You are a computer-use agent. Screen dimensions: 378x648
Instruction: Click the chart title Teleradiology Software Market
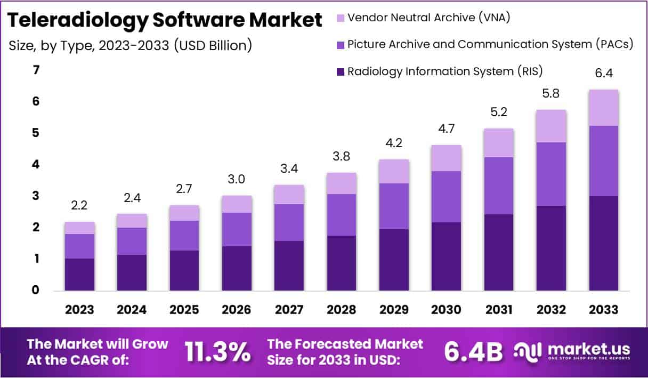pyautogui.click(x=165, y=20)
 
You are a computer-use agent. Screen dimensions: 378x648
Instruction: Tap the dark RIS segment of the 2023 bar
pyautogui.click(x=79, y=275)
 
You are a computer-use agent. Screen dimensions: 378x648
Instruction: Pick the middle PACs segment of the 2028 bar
pyautogui.click(x=342, y=215)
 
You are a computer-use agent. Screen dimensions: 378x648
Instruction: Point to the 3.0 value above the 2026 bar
pyautogui.click(x=236, y=179)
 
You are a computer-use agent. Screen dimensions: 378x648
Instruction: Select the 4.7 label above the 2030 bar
pyautogui.click(x=446, y=128)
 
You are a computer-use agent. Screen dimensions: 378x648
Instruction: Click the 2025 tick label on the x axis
pyautogui.click(x=184, y=310)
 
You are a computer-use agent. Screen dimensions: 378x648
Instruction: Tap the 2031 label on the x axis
pyautogui.click(x=499, y=310)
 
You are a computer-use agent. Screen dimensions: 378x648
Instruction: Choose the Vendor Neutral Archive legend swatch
pyautogui.click(x=340, y=18)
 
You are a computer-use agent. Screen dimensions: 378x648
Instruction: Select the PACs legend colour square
pyautogui.click(x=340, y=45)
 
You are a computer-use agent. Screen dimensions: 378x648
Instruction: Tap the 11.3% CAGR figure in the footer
pyautogui.click(x=217, y=351)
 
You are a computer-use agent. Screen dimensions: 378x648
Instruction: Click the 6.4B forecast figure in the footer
pyautogui.click(x=473, y=351)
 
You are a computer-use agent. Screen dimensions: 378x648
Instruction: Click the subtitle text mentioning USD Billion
pyautogui.click(x=130, y=46)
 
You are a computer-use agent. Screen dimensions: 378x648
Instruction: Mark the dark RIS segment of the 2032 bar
pyautogui.click(x=551, y=248)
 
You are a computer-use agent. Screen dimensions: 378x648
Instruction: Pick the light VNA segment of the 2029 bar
pyautogui.click(x=394, y=171)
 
